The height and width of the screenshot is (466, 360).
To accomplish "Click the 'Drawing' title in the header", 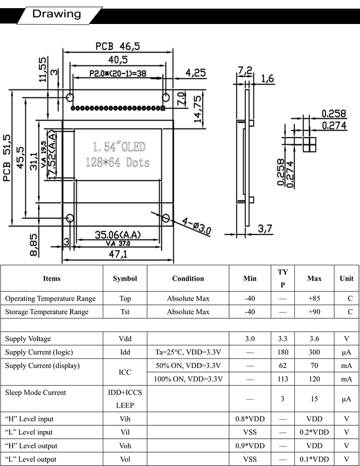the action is (57, 14).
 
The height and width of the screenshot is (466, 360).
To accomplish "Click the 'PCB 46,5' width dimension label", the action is (118, 47).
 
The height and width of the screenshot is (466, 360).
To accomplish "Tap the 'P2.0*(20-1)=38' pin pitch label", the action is (118, 73).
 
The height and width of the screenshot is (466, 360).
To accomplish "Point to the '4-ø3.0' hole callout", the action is (196, 226).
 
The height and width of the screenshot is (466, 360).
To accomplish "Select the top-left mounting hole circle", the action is (70, 97).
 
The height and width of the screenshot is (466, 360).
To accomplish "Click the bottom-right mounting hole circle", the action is (166, 218).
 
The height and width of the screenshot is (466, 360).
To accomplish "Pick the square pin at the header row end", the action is (163, 108).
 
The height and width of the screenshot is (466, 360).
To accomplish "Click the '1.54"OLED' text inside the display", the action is (119, 147).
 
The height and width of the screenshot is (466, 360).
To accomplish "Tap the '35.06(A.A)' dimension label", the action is (118, 235).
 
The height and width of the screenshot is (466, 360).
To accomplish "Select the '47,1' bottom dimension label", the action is (118, 254).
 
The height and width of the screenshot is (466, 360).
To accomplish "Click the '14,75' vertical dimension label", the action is (198, 109).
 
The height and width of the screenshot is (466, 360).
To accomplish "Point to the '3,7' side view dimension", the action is (264, 228).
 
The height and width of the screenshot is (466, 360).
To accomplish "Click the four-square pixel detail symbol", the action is (310, 144).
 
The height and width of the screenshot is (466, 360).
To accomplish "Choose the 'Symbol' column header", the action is (125, 278).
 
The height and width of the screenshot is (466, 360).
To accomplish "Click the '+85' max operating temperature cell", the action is (314, 299).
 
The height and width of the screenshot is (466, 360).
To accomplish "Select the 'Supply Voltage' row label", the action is (28, 339).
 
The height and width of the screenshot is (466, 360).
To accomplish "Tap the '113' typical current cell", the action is (283, 379).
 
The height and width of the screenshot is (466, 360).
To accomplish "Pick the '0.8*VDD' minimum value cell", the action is (250, 419).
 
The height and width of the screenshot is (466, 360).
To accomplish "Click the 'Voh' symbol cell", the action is (125, 446).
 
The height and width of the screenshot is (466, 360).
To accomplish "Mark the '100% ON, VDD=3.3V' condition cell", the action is (188, 379).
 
